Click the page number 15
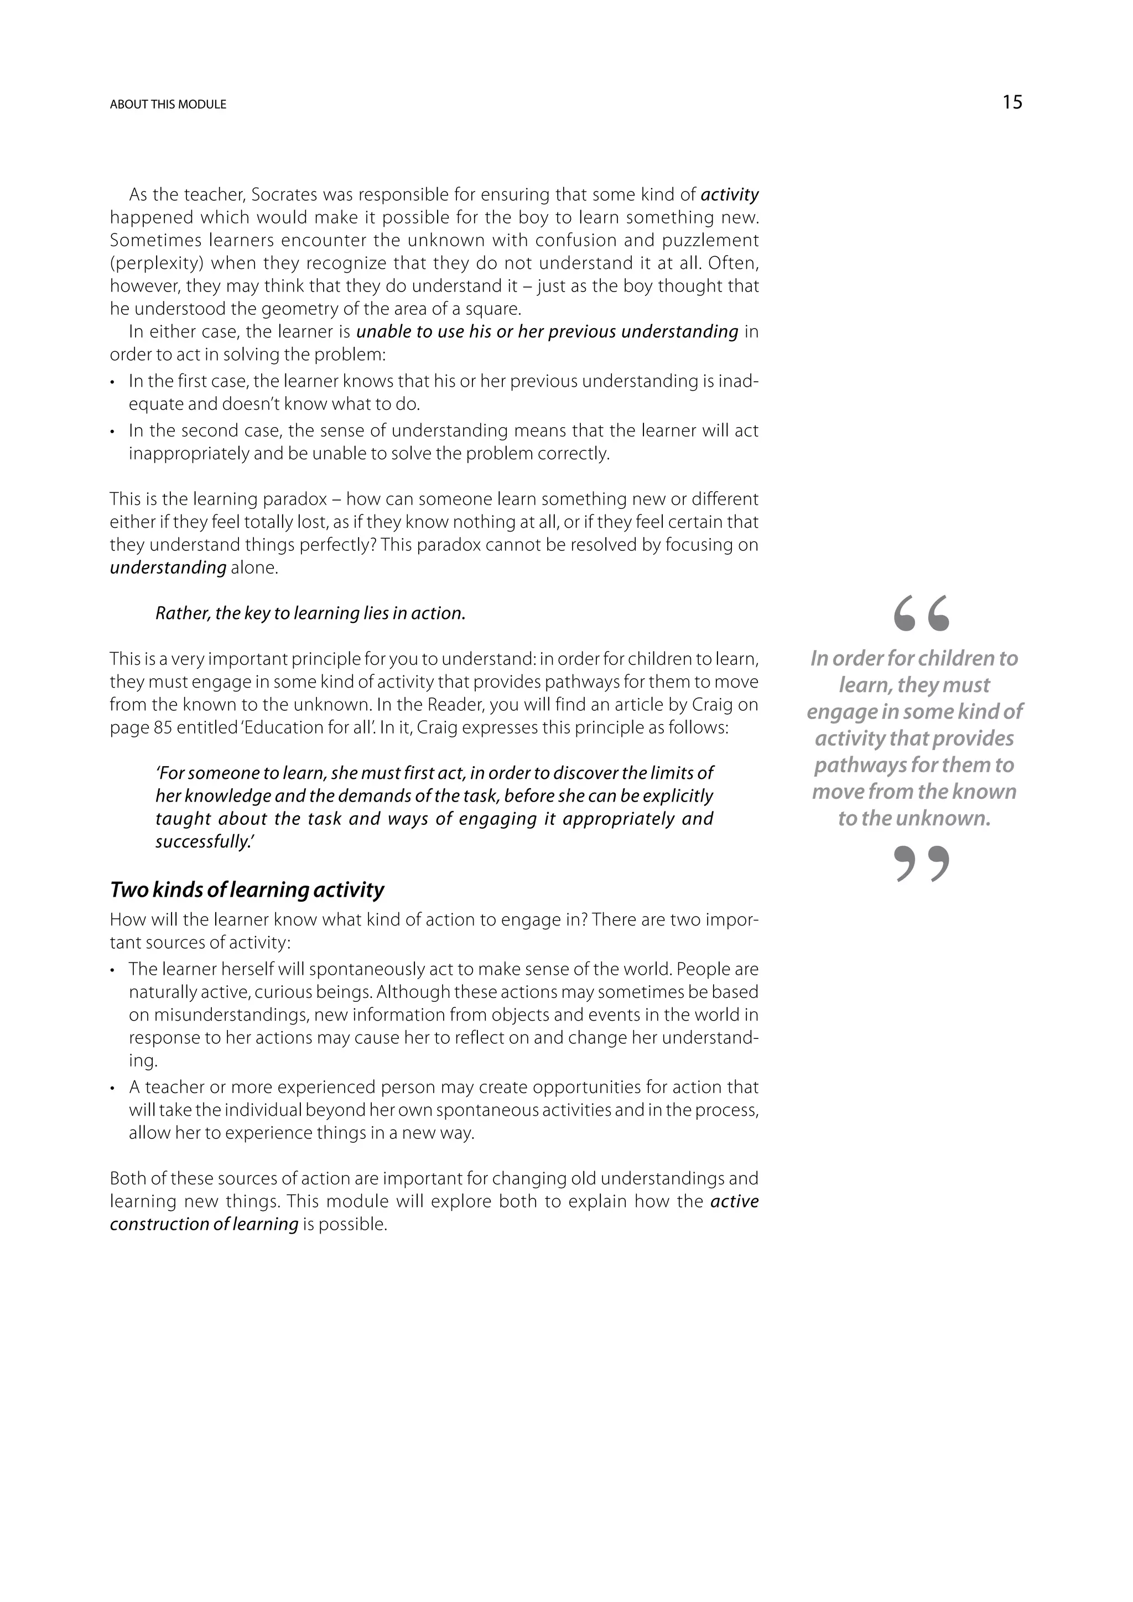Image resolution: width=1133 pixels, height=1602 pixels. click(x=1012, y=102)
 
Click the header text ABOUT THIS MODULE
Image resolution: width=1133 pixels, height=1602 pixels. click(x=168, y=105)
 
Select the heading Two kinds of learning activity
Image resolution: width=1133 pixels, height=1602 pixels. click(x=247, y=890)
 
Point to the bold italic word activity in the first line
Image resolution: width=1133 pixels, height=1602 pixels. click(x=729, y=195)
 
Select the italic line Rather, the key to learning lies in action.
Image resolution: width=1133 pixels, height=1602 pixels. click(x=310, y=614)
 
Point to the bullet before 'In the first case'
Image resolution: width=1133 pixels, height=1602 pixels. click(x=113, y=382)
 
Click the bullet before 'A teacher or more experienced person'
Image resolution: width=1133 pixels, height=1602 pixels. click(x=113, y=1088)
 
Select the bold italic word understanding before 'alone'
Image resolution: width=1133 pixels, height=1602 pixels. click(x=168, y=568)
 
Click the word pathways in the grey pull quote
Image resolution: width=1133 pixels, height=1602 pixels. click(x=853, y=766)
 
